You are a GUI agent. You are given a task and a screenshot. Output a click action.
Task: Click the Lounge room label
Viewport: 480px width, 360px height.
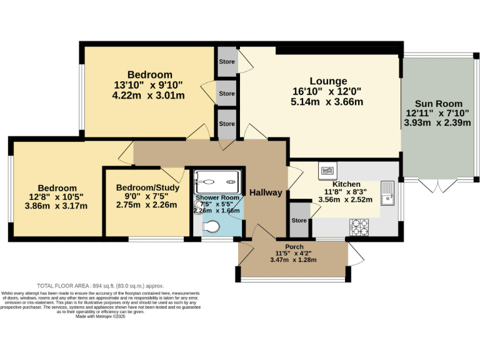click(x=328, y=81)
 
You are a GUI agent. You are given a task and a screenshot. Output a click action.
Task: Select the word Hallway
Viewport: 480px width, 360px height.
click(x=266, y=192)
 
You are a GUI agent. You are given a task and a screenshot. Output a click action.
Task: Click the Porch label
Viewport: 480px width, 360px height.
click(x=294, y=246)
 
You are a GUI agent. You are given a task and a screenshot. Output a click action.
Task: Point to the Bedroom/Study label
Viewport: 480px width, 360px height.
click(x=147, y=187)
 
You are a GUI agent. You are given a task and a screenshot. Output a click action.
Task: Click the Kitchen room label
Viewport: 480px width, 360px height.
click(x=346, y=184)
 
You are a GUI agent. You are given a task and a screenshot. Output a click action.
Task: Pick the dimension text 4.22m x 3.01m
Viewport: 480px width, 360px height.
click(x=149, y=96)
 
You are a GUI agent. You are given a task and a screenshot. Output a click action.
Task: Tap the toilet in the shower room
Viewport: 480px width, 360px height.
click(x=211, y=226)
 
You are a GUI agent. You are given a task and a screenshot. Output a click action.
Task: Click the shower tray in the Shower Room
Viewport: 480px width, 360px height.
click(x=216, y=182)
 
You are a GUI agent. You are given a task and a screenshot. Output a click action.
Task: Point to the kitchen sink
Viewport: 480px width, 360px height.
click(x=388, y=194)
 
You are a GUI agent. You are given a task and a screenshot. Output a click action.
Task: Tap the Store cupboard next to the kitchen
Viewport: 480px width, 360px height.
click(x=299, y=221)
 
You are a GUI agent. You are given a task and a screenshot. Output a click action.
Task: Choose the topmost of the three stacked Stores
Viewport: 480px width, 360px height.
click(x=227, y=62)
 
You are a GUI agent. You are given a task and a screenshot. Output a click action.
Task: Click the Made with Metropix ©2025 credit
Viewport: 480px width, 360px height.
click(x=101, y=316)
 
